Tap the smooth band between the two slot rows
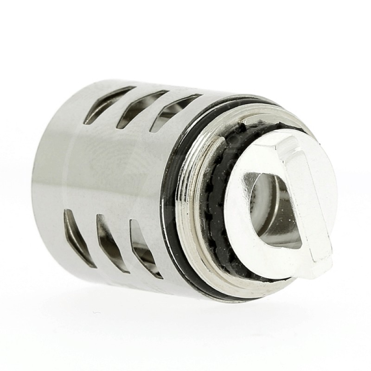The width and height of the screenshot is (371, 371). [x=116, y=172]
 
